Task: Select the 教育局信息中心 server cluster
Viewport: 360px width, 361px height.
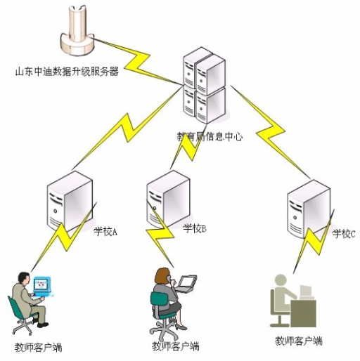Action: click(x=203, y=85)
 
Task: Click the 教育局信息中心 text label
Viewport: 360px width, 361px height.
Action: click(x=210, y=137)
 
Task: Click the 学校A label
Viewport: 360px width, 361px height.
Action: click(x=105, y=230)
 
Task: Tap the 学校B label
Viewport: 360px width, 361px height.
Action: click(x=194, y=229)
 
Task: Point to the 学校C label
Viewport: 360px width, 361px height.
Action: click(x=344, y=233)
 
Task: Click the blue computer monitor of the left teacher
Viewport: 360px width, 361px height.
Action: click(x=43, y=285)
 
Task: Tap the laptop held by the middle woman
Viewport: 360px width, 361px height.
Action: click(x=185, y=284)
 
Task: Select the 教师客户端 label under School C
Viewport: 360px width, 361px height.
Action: click(x=299, y=341)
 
